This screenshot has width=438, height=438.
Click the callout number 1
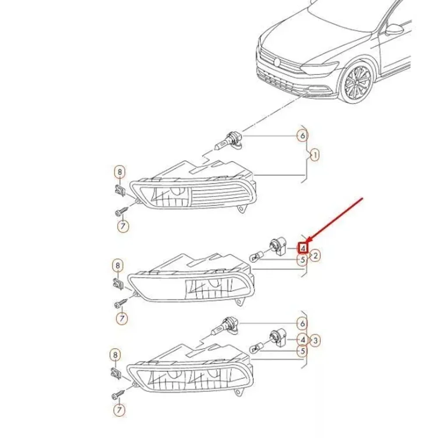315,155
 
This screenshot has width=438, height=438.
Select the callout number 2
315,255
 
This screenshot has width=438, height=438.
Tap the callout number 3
315,340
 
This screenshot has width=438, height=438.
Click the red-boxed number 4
303,248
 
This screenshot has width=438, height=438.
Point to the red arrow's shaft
335,220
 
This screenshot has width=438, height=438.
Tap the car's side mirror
394,29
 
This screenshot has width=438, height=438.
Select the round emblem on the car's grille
277,62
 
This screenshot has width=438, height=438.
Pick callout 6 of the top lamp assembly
302,136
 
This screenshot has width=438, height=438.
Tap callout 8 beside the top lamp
120,172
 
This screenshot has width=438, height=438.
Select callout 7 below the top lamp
123,226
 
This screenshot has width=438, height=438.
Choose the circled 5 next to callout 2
302,260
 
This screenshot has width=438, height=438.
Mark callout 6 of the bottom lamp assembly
302,324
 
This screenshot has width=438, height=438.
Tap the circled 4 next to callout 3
302,340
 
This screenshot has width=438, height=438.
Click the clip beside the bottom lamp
117,374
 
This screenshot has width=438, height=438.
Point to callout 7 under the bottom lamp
119,410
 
